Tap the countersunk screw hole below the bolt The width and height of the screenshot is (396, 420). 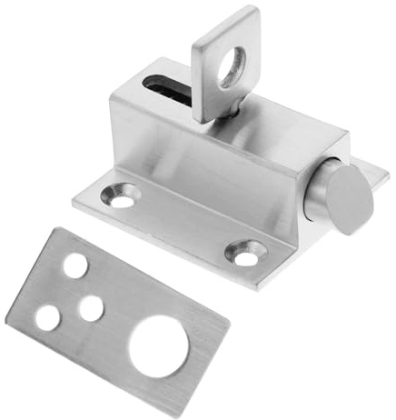(246, 253)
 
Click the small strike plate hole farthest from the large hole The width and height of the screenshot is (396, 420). (74, 265)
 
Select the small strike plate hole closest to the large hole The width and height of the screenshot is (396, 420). (91, 308)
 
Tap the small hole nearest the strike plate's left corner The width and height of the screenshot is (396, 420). (47, 316)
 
